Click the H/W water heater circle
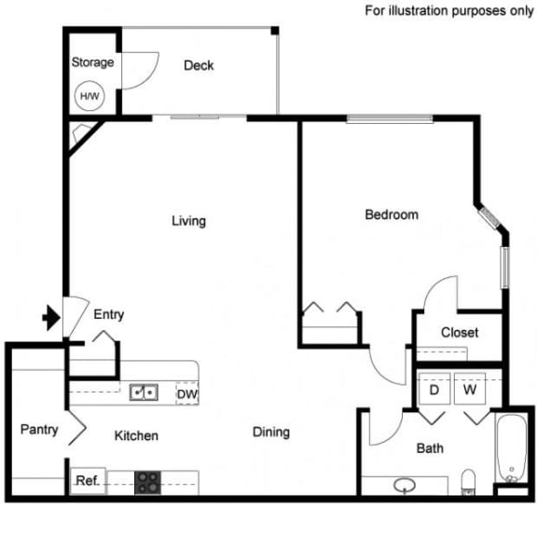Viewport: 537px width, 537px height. (x=89, y=95)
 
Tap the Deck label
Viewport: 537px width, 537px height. (x=199, y=65)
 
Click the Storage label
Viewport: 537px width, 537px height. (x=93, y=62)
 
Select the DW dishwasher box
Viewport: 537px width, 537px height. (x=186, y=393)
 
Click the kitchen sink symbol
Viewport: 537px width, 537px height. (x=144, y=392)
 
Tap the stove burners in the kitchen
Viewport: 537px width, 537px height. (x=147, y=482)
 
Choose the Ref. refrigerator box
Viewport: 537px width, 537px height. (x=87, y=482)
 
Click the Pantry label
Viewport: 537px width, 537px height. (x=39, y=430)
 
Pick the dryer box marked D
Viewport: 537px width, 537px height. (x=434, y=390)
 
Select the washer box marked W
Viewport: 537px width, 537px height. (x=470, y=390)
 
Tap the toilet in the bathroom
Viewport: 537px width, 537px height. (x=470, y=481)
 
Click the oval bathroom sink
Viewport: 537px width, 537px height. (x=405, y=485)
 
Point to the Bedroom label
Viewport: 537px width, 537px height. (x=391, y=214)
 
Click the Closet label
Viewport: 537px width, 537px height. (x=460, y=332)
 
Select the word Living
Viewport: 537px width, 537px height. (x=188, y=221)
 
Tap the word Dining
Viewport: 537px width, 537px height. (x=271, y=432)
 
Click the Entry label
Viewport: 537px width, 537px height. (x=109, y=315)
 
